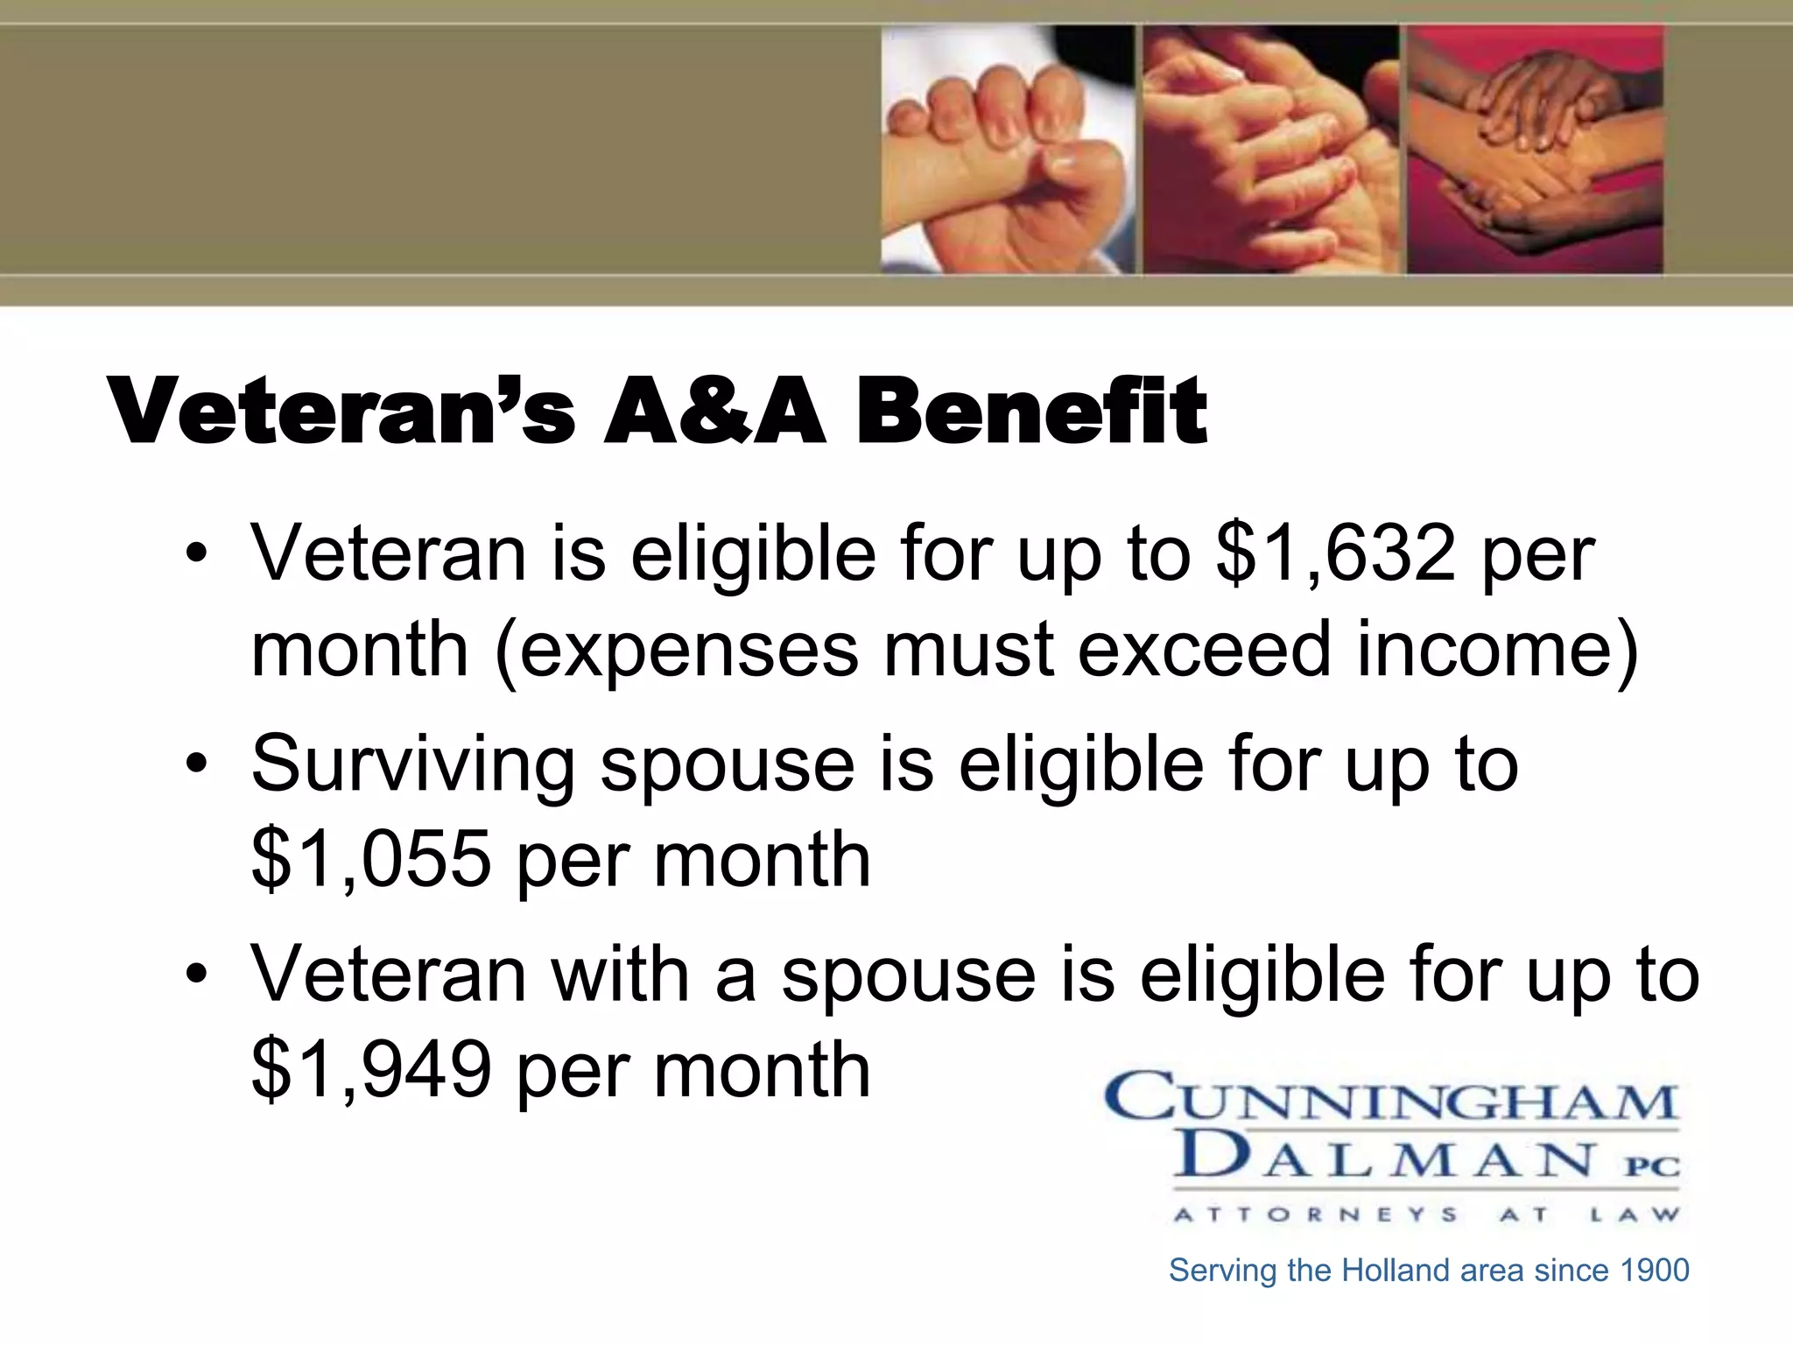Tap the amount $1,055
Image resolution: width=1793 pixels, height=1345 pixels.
pos(371,860)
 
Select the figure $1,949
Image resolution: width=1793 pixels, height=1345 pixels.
pos(371,1070)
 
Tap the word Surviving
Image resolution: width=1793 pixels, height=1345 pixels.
pos(412,764)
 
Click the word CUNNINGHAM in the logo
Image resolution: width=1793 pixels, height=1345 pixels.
pos(1391,1097)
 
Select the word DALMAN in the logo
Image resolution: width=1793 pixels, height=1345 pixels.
pos(1383,1158)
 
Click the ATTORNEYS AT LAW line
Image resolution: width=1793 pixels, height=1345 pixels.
pos(1426,1215)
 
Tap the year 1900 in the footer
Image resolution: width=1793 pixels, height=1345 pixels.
pos(1655,1271)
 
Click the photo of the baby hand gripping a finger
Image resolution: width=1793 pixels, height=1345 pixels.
pos(1008,149)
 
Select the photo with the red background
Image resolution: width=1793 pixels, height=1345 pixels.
pos(1535,149)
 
